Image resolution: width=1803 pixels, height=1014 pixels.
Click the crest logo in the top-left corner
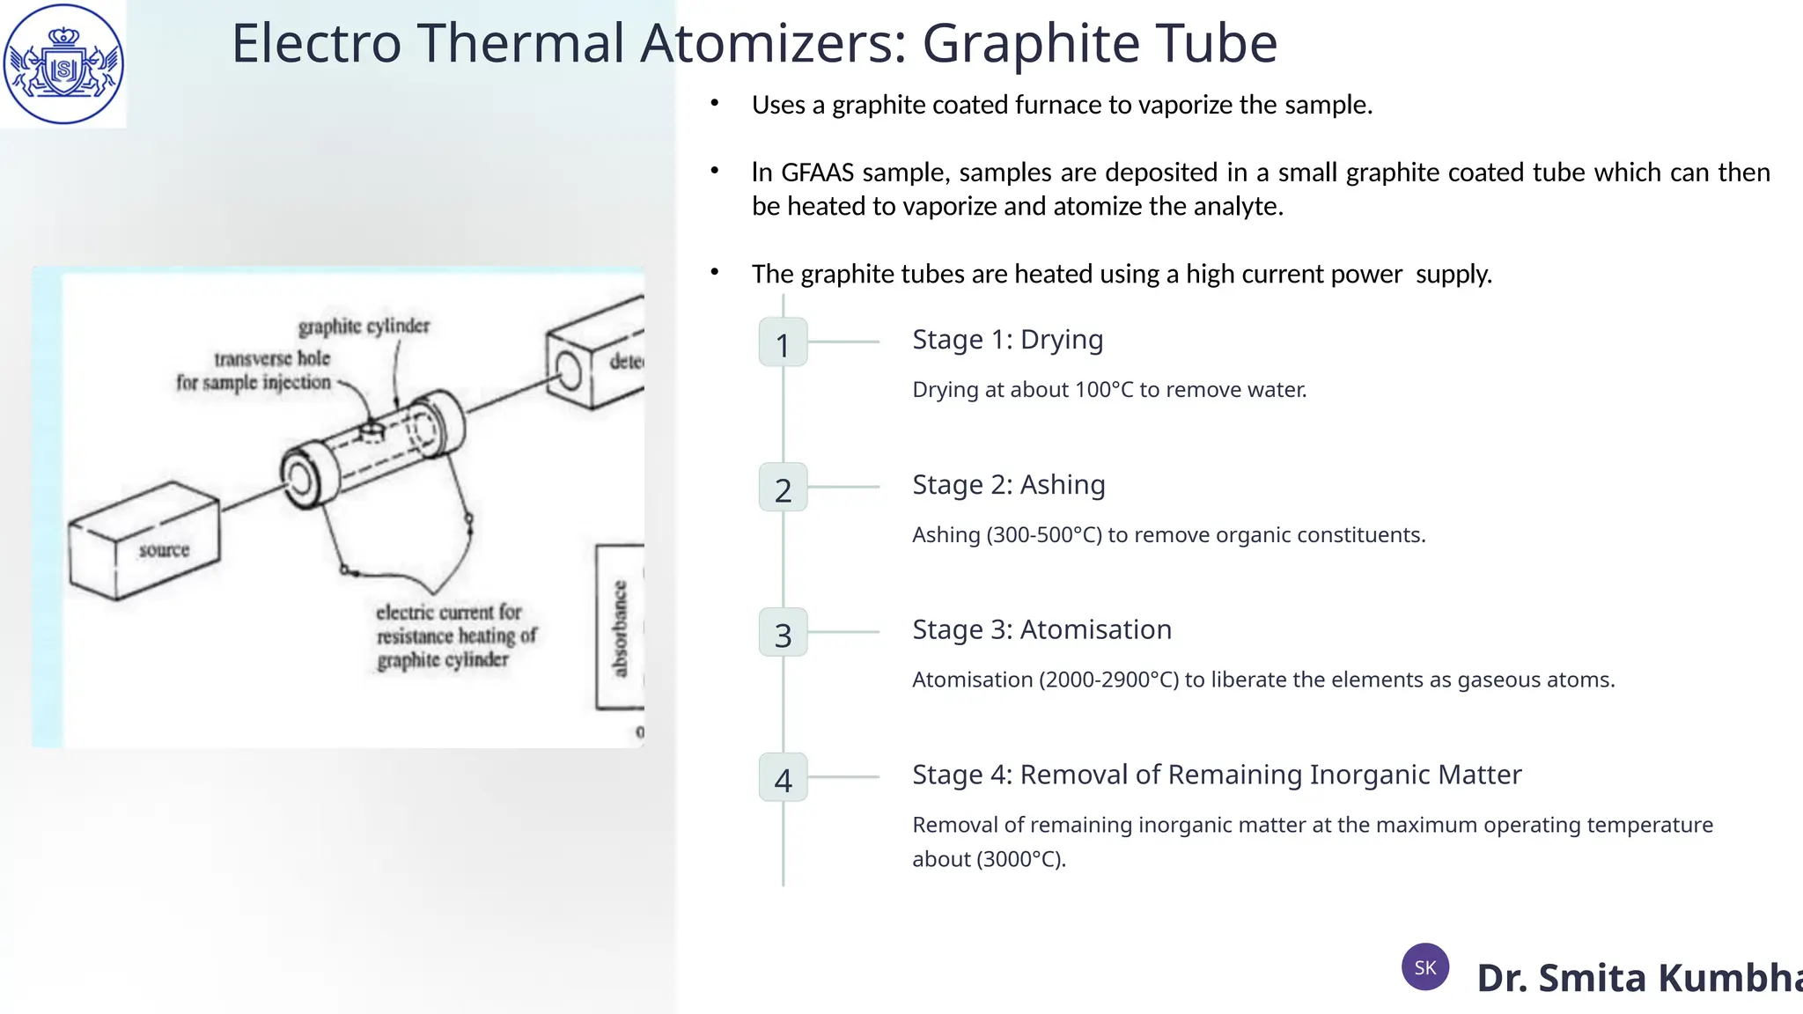[63, 63]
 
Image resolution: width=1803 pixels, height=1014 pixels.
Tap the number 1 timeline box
[783, 342]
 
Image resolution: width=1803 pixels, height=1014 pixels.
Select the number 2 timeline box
[783, 488]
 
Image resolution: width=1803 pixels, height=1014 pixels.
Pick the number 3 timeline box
[783, 633]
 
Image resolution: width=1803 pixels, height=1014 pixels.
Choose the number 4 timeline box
[783, 778]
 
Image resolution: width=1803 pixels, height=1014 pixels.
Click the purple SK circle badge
[1424, 966]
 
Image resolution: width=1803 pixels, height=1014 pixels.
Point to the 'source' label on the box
[164, 550]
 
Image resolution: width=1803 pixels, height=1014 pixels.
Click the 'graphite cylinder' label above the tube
[364, 327]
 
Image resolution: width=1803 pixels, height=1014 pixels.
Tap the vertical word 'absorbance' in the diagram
[620, 628]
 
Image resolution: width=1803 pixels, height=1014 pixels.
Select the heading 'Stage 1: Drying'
[1007, 340]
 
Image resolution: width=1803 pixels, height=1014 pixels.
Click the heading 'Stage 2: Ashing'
[1008, 485]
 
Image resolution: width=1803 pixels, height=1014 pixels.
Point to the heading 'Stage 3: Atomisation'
[1041, 630]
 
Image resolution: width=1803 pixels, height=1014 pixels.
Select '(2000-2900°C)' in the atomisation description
[1108, 680]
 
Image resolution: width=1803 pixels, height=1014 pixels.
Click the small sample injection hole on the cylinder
[372, 430]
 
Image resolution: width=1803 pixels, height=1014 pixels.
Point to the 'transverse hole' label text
[272, 358]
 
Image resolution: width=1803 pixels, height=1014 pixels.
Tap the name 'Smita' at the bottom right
[1592, 978]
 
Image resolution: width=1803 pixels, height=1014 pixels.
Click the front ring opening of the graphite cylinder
[299, 480]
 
